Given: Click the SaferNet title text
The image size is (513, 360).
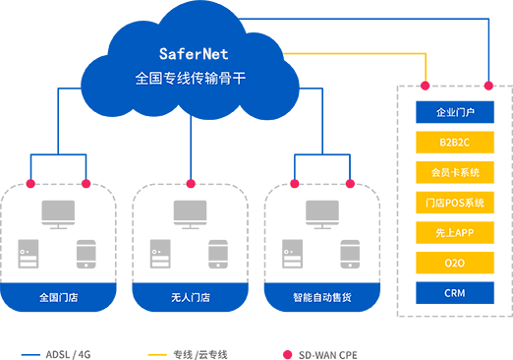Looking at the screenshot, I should click(193, 54).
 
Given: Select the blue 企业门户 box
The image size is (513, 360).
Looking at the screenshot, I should click(455, 112).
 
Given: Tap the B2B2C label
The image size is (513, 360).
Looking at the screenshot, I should click(455, 143).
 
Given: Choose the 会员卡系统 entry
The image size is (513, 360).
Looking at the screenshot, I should click(455, 173).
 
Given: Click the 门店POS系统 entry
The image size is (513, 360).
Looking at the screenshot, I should click(455, 203).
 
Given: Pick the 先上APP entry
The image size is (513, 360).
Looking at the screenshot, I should click(455, 233).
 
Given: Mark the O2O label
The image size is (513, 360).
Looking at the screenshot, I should click(455, 263).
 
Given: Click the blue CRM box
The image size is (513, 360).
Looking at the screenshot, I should click(455, 293).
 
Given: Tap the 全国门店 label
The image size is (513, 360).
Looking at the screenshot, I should click(58, 297).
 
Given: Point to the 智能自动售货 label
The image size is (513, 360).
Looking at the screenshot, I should click(321, 297).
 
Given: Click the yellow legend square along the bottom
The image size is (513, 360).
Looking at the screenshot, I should click(144, 346).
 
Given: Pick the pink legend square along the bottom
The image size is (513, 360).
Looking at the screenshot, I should click(276, 346).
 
